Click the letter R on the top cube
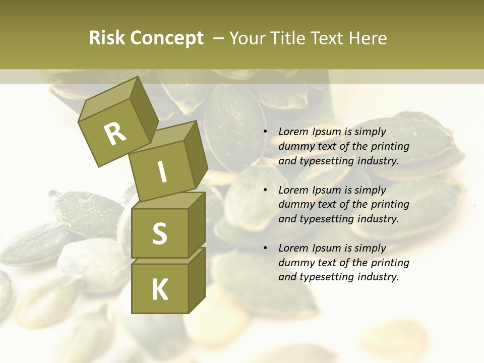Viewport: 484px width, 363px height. [x=115, y=134]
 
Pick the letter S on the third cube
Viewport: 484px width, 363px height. [x=159, y=233]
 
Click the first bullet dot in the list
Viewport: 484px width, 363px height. [x=265, y=132]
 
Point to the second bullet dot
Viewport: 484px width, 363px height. [x=265, y=190]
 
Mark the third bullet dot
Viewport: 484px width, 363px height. [x=265, y=248]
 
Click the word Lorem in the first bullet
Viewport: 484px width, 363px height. [x=292, y=132]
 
